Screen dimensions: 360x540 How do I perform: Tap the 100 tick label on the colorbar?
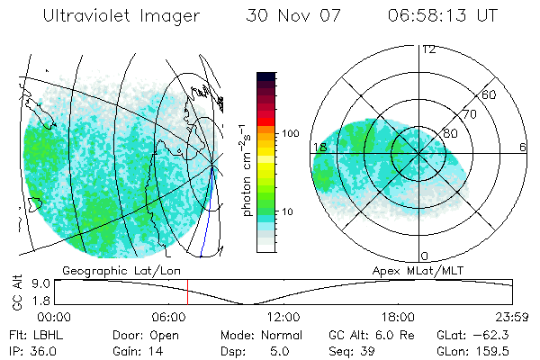click(x=289, y=133)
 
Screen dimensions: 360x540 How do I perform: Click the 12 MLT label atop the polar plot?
click(x=428, y=49)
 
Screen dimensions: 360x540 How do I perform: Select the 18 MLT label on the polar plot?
click(x=319, y=147)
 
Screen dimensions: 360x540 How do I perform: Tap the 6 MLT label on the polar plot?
click(x=523, y=147)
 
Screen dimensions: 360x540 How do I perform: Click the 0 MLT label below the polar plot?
click(x=425, y=256)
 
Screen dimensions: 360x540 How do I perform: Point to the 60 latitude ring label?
click(x=490, y=94)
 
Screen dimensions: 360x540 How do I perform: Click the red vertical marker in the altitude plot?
click(x=187, y=292)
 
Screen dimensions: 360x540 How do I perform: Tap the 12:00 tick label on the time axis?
click(x=283, y=317)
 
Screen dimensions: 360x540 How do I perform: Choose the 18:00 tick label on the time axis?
click(x=398, y=317)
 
